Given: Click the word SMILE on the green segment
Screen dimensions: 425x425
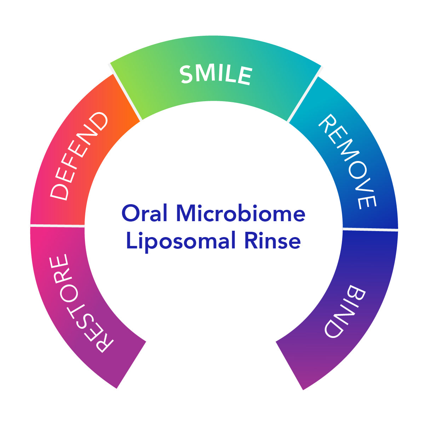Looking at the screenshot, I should click(216, 75).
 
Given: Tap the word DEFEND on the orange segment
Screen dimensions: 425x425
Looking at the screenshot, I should click(79, 156).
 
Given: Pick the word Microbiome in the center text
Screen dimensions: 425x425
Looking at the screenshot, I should click(241, 214).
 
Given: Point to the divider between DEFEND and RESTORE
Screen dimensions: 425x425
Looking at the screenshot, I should click(57, 225).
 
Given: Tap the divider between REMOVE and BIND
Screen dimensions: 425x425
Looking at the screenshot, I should click(370, 229).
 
